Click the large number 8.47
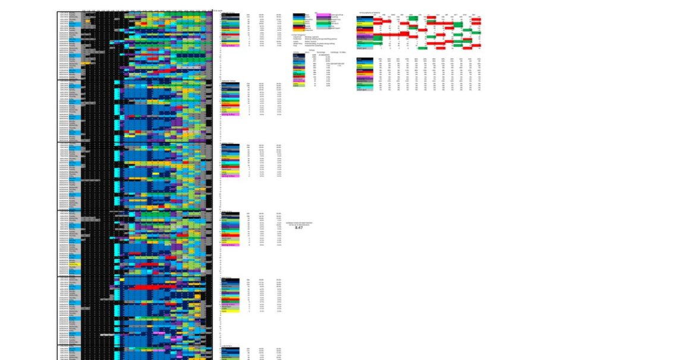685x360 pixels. (x=298, y=227)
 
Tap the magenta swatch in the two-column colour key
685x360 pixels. (x=323, y=14)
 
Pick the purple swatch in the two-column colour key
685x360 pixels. (x=323, y=17)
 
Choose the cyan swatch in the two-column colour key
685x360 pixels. (x=323, y=26)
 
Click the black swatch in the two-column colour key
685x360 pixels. (x=298, y=14)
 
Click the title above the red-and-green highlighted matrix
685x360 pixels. (x=369, y=12)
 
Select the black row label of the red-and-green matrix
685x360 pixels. (x=365, y=17)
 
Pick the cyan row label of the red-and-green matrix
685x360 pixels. (x=365, y=45)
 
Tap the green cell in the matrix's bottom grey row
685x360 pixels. (x=422, y=48)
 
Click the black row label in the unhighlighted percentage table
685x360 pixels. (x=365, y=59)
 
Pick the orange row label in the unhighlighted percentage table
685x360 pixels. (x=365, y=74)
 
